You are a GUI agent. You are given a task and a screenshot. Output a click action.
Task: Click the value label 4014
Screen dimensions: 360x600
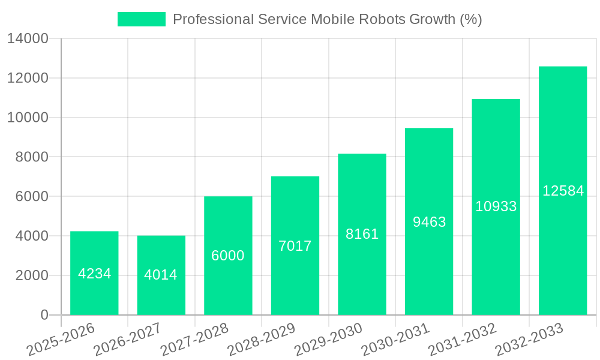(161, 275)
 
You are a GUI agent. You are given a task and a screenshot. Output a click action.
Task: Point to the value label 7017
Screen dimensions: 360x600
(295, 246)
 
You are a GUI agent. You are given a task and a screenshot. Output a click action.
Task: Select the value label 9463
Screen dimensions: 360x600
(429, 222)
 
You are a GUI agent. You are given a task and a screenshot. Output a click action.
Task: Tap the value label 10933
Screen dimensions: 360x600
(496, 206)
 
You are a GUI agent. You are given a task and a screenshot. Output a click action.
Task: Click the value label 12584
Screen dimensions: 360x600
(563, 191)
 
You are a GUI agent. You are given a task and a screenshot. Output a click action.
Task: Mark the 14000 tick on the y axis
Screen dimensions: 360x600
(28, 39)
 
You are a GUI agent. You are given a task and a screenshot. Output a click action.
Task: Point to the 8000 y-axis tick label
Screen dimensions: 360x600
(32, 157)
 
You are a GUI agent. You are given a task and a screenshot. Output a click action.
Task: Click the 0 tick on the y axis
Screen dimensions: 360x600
(44, 315)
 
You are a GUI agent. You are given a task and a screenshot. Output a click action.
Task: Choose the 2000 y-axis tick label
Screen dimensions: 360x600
(32, 275)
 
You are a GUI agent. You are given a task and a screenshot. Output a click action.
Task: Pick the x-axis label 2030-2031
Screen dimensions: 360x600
(396, 340)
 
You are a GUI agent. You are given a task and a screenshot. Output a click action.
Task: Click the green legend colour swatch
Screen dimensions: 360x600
(142, 19)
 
